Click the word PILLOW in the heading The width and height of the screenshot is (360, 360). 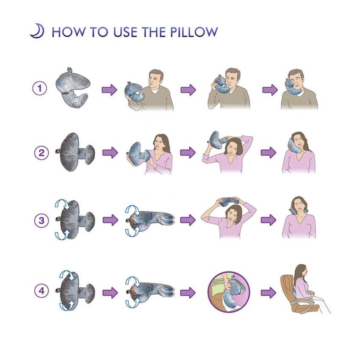pos(194,32)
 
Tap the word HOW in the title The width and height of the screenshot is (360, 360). pos(68,32)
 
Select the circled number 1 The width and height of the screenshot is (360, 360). pos(40,89)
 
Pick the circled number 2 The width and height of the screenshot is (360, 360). pos(42,152)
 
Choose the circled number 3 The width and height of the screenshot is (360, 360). pos(42,220)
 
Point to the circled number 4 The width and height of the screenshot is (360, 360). pos(42,291)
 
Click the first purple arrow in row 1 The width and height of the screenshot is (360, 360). pos(109,89)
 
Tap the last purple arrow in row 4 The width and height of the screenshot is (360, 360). pos(269,293)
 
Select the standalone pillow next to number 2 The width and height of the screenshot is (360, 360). pos(75,152)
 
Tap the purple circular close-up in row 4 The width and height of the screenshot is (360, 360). pos(229,292)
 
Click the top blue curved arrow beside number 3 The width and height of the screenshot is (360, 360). pos(62,204)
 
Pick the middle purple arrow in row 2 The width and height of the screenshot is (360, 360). pos(188,152)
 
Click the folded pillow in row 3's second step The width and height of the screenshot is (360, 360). pos(150,220)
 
